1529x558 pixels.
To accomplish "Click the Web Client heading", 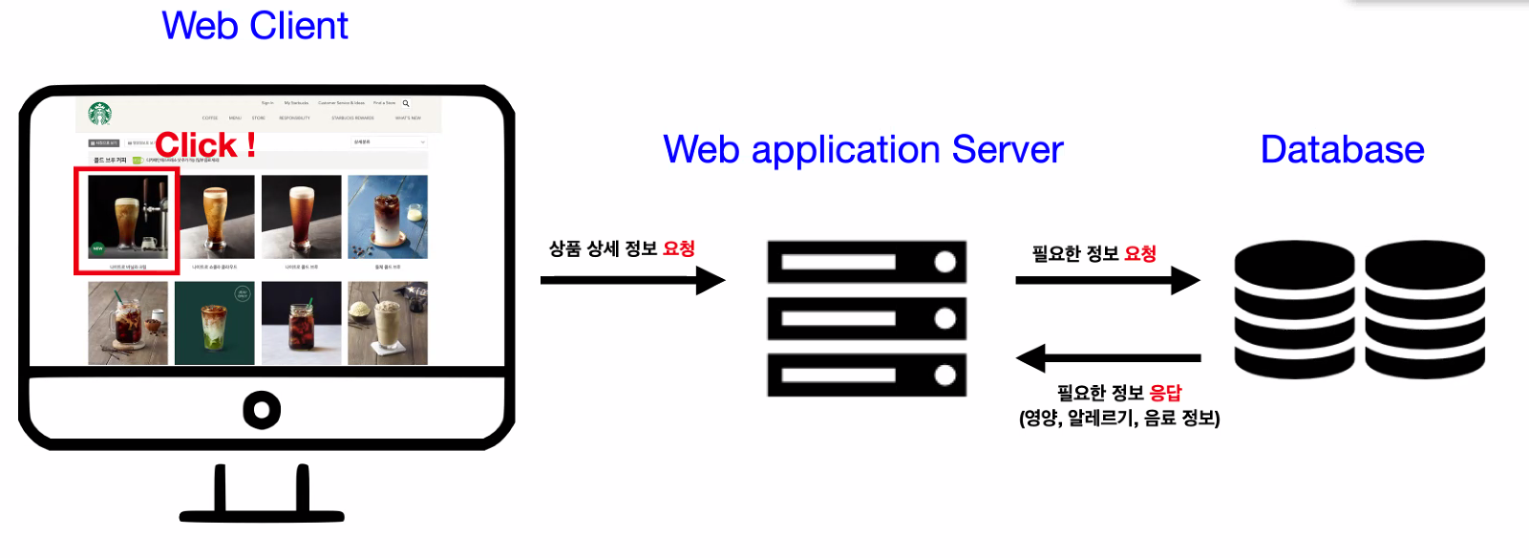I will coord(254,26).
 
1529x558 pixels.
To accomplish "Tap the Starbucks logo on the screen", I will coord(100,114).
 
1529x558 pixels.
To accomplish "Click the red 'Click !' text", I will coord(205,145).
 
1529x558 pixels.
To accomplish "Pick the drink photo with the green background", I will coord(214,323).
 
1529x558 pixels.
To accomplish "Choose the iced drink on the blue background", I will coord(388,216).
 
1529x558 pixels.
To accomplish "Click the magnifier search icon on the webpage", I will coord(406,103).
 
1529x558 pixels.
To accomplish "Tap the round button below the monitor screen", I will coord(262,410).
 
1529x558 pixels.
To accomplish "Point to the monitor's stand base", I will coord(262,516).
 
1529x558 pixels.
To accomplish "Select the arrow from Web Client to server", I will coord(632,280).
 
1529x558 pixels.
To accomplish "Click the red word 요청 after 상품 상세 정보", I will coord(679,249).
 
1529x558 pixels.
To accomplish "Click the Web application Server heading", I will coord(862,150).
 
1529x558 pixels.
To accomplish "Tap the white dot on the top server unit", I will coord(945,262).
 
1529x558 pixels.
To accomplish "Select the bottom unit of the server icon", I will coord(866,376).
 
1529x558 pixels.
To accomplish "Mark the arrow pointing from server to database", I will coord(1107,280).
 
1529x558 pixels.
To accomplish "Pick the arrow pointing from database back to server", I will coord(1108,358).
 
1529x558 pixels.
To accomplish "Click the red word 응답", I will coord(1165,393).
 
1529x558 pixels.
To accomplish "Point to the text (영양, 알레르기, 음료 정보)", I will coord(1119,418).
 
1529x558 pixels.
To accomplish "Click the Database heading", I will coord(1342,150).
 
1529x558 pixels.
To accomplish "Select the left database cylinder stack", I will coord(1294,309).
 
